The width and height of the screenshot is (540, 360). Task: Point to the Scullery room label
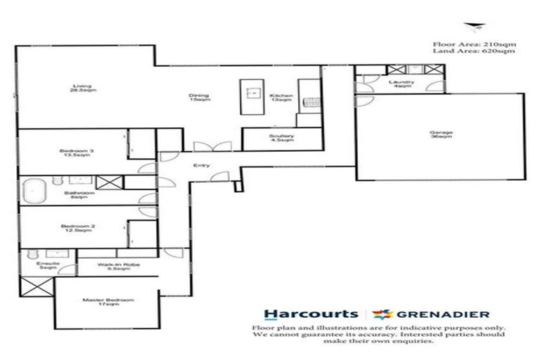click(x=285, y=138)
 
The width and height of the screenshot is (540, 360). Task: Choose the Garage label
click(x=441, y=135)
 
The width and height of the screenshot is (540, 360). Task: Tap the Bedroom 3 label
click(x=72, y=153)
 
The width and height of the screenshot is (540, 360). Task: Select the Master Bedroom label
click(x=108, y=302)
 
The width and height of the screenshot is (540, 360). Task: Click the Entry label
click(x=200, y=165)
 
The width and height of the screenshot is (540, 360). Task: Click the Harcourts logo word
click(x=309, y=314)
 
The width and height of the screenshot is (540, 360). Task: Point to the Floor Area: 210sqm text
click(x=475, y=44)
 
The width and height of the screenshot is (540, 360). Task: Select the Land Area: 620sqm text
click(x=475, y=52)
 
